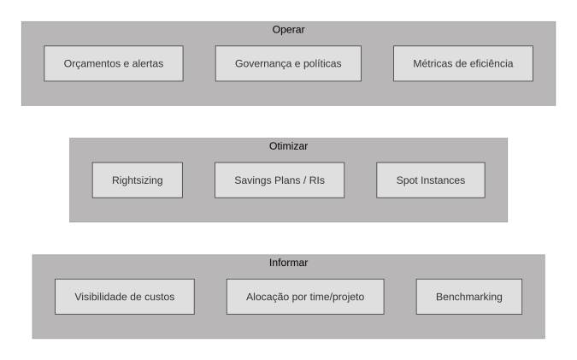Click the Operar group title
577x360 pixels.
[288, 29]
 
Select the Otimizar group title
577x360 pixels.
[288, 146]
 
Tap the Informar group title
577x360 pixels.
[288, 263]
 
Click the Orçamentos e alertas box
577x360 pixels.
[114, 63]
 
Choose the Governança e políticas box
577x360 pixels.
[288, 63]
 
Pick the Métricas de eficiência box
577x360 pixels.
[463, 63]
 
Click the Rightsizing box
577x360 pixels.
[138, 180]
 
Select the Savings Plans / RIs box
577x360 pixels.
[280, 180]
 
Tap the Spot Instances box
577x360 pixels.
[431, 180]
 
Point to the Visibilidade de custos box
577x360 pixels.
[125, 297]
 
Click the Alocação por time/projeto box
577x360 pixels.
[305, 297]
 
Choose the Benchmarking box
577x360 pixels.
[468, 297]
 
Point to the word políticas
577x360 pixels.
[322, 63]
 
